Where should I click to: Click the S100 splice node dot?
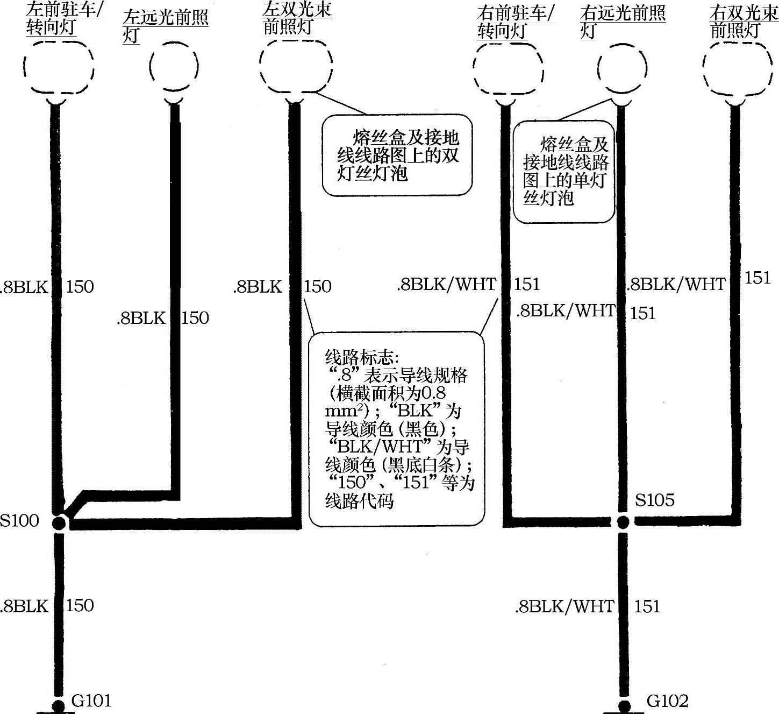[59, 522]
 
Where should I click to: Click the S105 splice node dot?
[623, 521]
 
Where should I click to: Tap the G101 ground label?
[91, 701]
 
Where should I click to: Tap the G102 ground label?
[667, 701]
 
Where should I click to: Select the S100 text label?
[19, 521]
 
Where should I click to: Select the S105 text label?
[654, 500]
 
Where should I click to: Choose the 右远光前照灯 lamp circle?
[621, 68]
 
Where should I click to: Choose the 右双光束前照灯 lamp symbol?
[735, 67]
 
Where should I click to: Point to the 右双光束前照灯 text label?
[744, 22]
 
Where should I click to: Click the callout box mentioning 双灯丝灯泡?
[397, 155]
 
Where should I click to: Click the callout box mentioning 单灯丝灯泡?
[564, 171]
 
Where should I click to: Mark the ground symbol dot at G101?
[58, 705]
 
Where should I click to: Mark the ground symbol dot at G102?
[624, 706]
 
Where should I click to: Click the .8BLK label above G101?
[25, 606]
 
